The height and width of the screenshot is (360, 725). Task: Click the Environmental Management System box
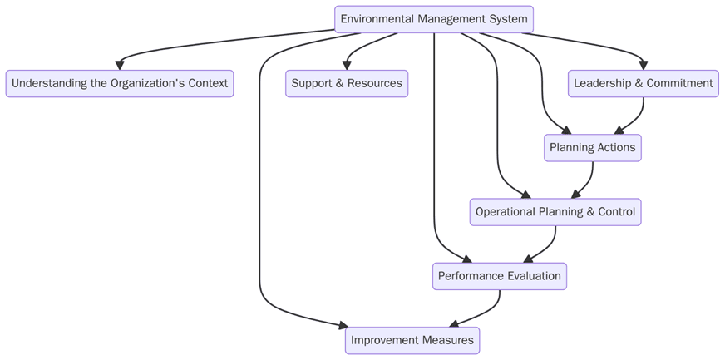click(433, 19)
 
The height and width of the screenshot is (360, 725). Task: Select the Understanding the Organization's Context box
click(120, 83)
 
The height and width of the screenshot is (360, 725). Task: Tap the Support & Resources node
click(347, 83)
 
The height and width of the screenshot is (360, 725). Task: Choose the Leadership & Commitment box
click(644, 83)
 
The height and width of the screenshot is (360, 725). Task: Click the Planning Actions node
click(593, 147)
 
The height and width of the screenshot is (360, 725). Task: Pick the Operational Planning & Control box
click(555, 212)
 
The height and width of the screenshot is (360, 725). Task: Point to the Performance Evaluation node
click(500, 276)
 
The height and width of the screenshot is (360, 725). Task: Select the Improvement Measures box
click(412, 340)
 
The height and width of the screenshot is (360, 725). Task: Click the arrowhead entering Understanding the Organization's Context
click(120, 65)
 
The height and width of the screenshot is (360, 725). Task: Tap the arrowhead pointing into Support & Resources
click(347, 65)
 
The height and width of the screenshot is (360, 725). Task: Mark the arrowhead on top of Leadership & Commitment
click(644, 65)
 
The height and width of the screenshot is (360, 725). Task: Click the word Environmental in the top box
click(379, 19)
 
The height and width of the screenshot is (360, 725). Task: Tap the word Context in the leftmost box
click(205, 83)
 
